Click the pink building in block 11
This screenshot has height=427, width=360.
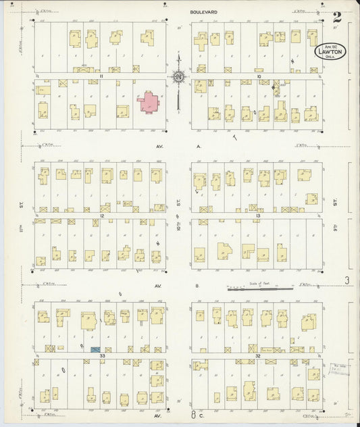(149, 102)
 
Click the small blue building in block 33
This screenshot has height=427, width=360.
(95, 349)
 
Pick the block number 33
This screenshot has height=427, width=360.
(101, 354)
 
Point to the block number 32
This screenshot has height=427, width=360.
(259, 354)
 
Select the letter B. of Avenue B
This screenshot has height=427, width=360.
(198, 286)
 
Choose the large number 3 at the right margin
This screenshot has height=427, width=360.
(345, 280)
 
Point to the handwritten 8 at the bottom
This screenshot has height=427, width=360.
(192, 416)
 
